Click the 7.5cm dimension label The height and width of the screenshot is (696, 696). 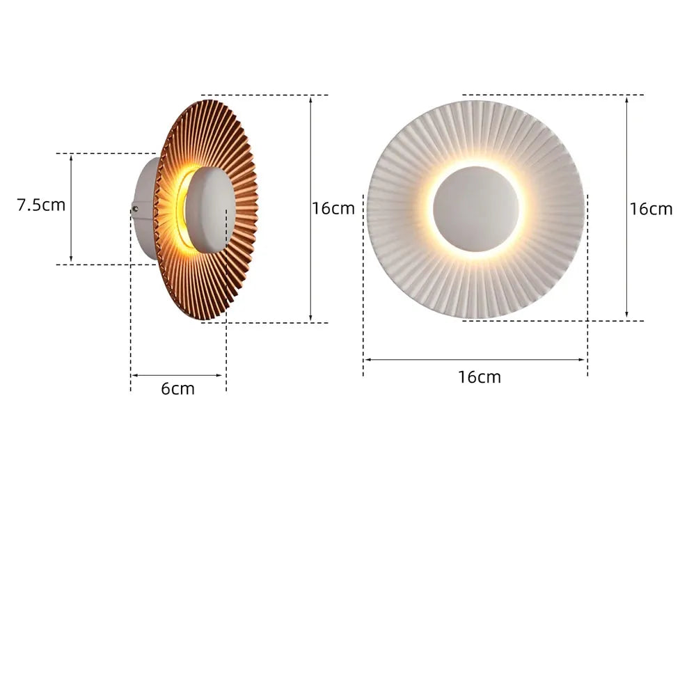point(41,205)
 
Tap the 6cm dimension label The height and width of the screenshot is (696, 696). point(177,389)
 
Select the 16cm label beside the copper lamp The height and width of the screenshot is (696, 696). point(333,209)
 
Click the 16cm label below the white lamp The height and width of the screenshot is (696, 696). point(480,377)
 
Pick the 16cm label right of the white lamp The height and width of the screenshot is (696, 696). point(651,209)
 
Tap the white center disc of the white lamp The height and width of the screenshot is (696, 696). point(476,209)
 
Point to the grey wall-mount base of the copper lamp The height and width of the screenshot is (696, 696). point(145,209)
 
